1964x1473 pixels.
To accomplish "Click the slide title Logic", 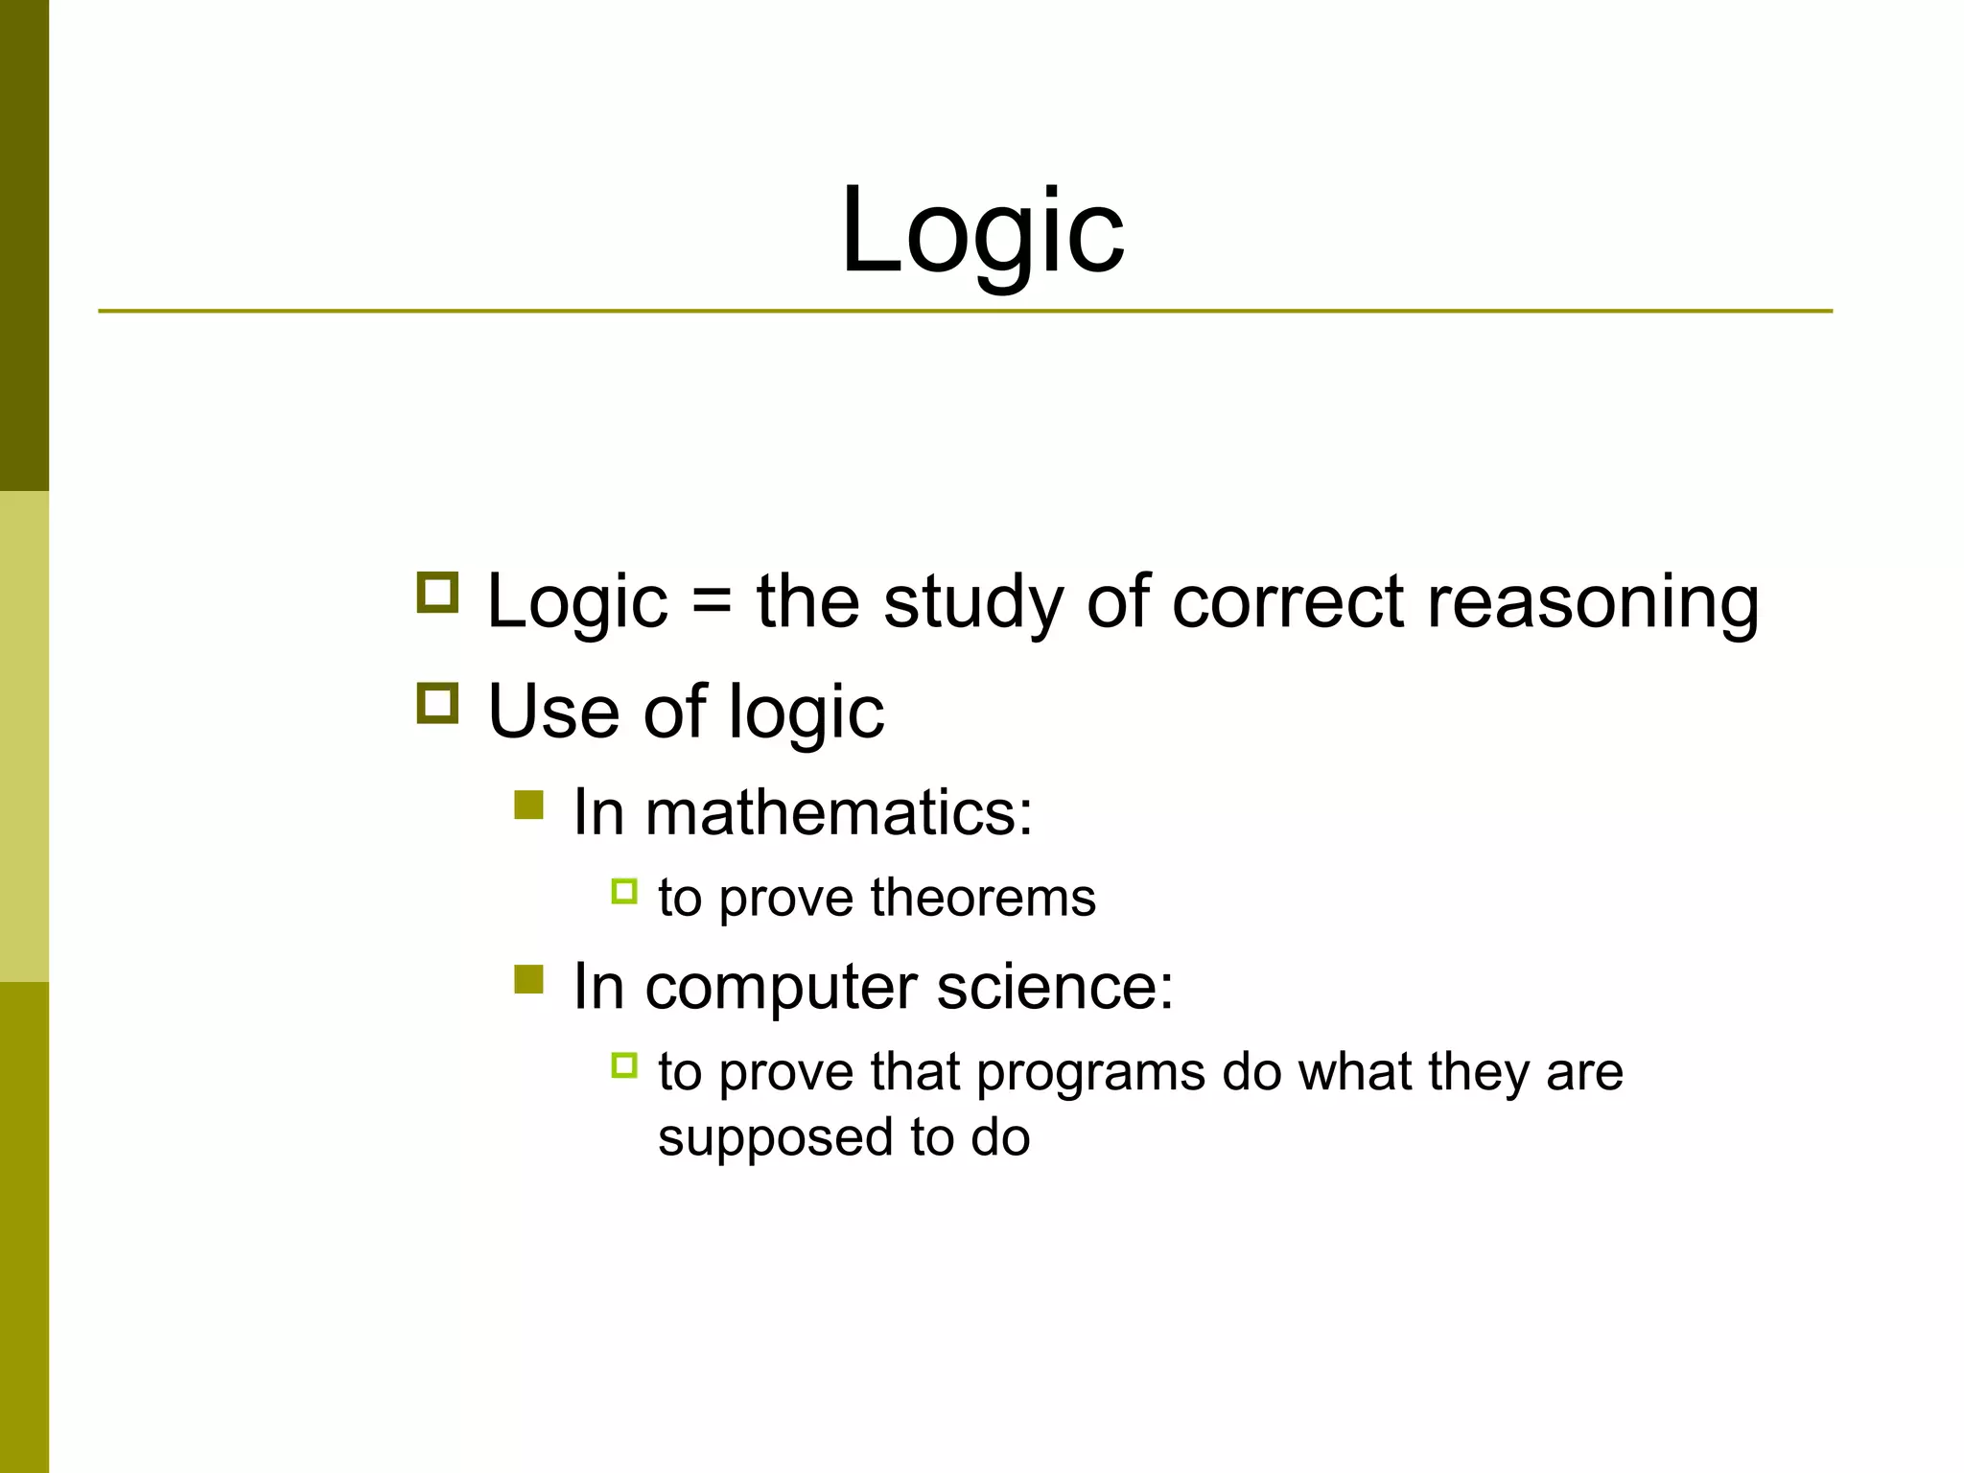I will coord(982,233).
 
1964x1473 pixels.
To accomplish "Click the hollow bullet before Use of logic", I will coord(438,704).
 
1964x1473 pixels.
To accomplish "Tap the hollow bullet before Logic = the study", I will coord(438,593).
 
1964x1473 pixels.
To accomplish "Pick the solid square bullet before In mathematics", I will coord(528,805).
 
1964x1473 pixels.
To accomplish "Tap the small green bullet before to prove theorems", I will coord(624,892).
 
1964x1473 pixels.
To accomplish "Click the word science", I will coord(1054,987).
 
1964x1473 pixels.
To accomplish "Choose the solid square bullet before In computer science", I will coord(528,979).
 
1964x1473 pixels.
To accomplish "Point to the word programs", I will coord(1090,1073).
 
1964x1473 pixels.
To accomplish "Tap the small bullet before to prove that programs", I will coord(624,1065).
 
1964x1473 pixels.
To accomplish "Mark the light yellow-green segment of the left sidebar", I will coord(24,736).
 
